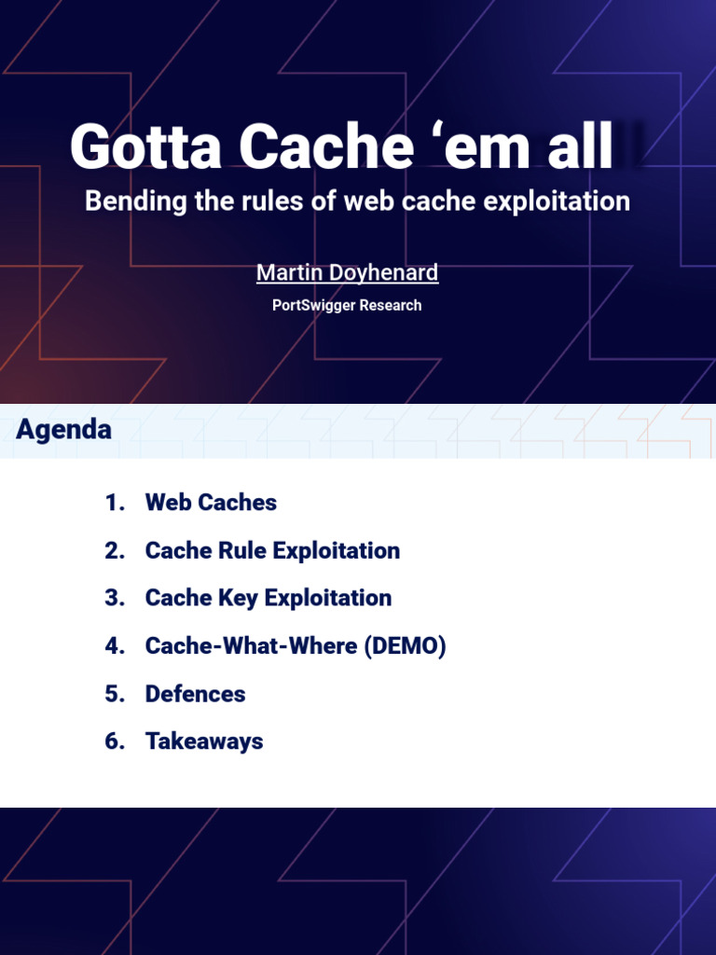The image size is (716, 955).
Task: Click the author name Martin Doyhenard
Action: [347, 272]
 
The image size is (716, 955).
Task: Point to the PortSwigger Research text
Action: [347, 305]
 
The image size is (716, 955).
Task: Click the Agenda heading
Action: [64, 430]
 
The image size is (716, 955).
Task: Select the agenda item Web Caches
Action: [211, 503]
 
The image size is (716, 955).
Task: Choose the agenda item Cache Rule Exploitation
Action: [272, 550]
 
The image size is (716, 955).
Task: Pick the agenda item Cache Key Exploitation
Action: [268, 598]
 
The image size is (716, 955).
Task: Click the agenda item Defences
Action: [195, 694]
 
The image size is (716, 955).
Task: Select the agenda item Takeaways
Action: [204, 741]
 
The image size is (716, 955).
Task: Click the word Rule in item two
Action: [241, 550]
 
